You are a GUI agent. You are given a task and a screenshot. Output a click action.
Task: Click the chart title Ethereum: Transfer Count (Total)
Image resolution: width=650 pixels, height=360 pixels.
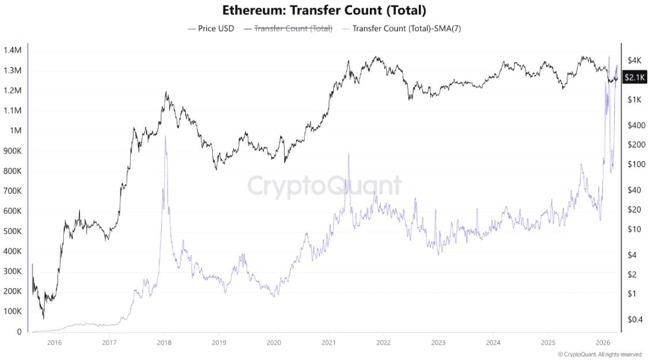click(x=324, y=10)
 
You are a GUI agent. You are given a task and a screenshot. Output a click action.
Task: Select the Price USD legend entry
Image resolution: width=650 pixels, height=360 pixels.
click(x=211, y=28)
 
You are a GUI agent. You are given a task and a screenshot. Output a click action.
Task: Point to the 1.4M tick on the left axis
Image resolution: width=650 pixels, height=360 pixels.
click(x=12, y=51)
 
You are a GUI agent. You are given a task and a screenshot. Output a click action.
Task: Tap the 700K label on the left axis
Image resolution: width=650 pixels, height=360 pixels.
click(x=12, y=191)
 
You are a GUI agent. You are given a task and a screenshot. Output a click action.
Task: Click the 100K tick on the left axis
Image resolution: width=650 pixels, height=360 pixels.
click(x=12, y=312)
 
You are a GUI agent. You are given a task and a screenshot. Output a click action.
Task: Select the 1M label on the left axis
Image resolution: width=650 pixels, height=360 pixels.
click(x=16, y=131)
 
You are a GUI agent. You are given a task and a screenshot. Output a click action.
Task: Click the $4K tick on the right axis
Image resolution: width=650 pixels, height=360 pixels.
click(x=634, y=60)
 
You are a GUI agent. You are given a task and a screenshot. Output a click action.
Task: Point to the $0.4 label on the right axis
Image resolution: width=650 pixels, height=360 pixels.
click(x=634, y=319)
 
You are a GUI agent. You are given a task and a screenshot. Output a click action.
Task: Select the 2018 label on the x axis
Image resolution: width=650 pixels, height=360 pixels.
click(x=164, y=343)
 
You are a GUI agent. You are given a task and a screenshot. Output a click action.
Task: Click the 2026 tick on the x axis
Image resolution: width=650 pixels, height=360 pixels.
click(x=602, y=343)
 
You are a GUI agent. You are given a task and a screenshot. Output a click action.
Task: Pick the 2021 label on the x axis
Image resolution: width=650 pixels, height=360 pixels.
click(x=328, y=343)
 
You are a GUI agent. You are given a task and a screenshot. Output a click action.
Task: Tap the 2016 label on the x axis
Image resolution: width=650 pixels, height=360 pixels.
click(x=54, y=343)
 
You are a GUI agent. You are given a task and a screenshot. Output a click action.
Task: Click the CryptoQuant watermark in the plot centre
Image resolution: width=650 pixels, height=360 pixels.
click(x=324, y=186)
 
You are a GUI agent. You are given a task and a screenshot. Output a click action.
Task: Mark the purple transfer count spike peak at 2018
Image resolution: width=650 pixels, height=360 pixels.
click(x=166, y=136)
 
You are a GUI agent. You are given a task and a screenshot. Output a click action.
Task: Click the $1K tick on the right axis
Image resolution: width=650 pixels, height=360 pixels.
click(x=634, y=100)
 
